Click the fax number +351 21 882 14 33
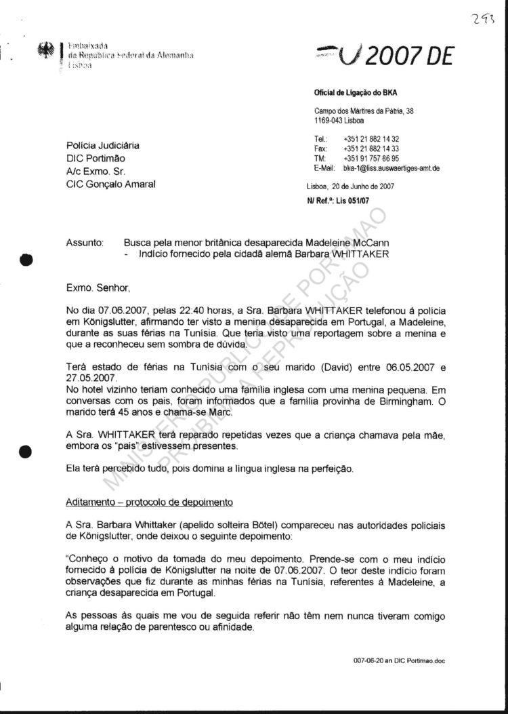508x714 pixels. click(371, 148)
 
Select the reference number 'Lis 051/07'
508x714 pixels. click(355, 201)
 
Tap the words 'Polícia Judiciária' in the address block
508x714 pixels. click(103, 145)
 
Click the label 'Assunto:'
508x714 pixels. click(85, 242)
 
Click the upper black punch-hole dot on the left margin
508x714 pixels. click(26, 259)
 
